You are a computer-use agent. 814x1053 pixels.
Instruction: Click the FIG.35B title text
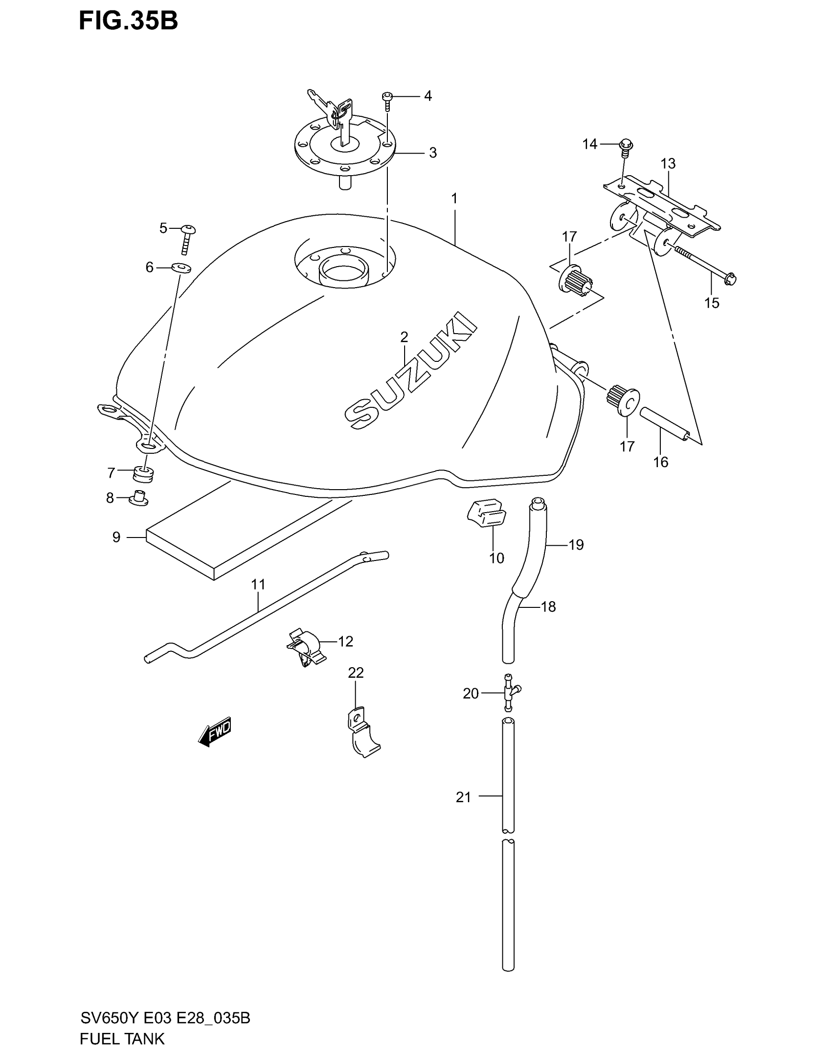coord(128,21)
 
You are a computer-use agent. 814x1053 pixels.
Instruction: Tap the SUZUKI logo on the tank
coord(410,370)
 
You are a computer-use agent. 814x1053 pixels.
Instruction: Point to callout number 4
coord(428,96)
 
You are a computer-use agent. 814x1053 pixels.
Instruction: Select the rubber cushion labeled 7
coord(143,473)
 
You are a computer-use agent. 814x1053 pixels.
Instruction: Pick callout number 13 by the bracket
coord(668,163)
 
